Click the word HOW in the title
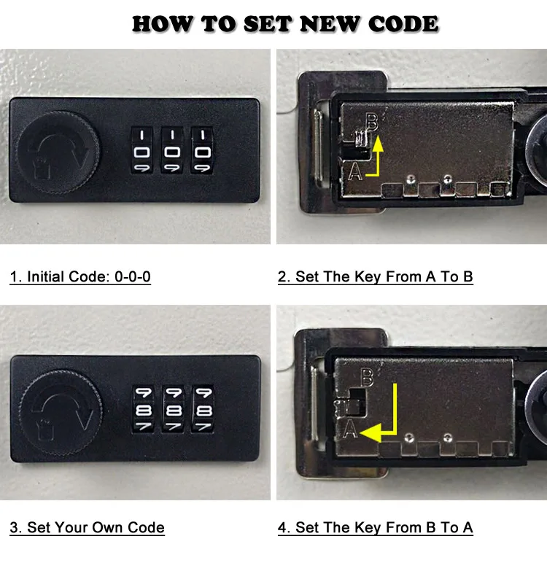tap(163, 24)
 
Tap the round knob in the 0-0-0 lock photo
tap(58, 152)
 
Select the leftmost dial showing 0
tap(142, 150)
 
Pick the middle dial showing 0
tap(172, 150)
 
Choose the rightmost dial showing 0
tap(202, 150)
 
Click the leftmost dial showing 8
tap(144, 409)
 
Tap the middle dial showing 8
tap(174, 409)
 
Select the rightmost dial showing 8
tap(203, 409)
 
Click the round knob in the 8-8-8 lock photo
tap(61, 413)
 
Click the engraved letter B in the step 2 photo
tap(372, 122)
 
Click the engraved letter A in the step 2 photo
tap(355, 171)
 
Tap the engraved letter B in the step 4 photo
tap(367, 377)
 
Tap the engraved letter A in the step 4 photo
tap(350, 429)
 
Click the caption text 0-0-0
tap(133, 277)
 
